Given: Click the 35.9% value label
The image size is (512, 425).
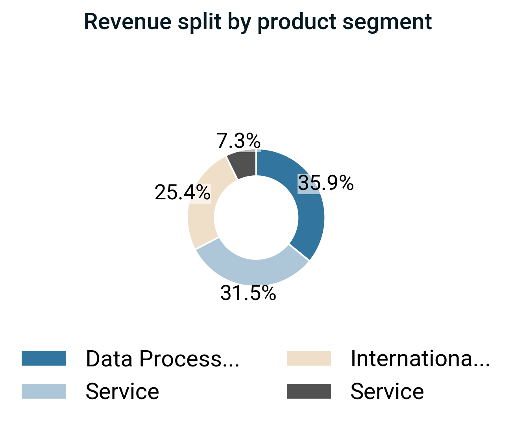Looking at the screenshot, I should click(325, 183).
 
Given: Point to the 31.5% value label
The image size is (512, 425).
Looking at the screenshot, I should click(248, 293).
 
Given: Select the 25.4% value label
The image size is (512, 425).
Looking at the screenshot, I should click(183, 193).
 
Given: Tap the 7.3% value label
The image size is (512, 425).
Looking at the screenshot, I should click(238, 141).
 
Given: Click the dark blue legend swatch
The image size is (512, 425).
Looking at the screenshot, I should click(44, 359).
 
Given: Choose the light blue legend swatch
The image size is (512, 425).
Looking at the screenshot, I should click(44, 392).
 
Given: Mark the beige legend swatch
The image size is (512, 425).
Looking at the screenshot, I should click(309, 359).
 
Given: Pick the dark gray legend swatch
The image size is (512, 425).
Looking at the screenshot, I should click(309, 392).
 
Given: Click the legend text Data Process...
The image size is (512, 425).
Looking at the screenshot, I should click(162, 359).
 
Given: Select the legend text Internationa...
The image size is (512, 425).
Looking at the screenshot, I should click(420, 359).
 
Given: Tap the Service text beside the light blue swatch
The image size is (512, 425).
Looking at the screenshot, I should click(122, 392).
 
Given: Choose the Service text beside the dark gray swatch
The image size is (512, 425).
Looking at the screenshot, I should click(387, 392).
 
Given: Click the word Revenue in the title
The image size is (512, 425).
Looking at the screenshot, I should click(128, 22).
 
